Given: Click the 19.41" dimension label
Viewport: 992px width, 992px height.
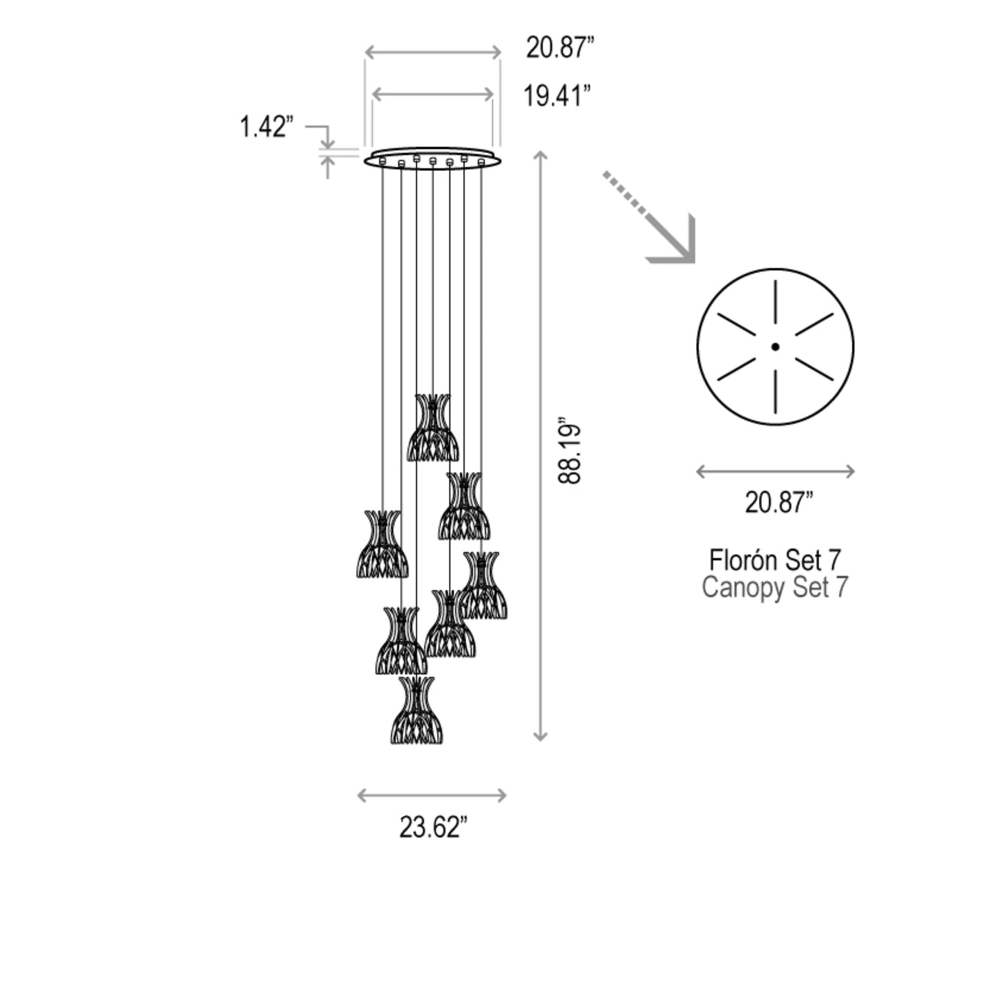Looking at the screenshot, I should click(x=557, y=95).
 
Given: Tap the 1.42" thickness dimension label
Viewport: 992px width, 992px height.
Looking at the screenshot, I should click(x=266, y=127).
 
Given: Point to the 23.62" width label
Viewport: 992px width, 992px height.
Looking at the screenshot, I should click(x=433, y=827).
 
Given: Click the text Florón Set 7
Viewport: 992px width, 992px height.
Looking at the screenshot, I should click(x=774, y=560).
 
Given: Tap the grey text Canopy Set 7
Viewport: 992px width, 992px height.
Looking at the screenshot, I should click(x=774, y=588).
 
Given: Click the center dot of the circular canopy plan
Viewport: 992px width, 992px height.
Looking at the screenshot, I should click(x=775, y=347).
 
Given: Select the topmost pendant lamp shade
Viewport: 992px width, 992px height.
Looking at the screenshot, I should click(x=432, y=428).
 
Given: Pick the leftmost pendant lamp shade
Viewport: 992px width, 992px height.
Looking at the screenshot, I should click(x=382, y=544).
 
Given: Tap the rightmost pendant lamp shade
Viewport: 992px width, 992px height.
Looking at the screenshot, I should click(x=484, y=586).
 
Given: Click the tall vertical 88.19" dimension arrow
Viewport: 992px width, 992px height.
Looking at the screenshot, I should click(x=541, y=446).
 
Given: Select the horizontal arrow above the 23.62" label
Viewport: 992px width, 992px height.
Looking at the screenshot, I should click(x=432, y=796).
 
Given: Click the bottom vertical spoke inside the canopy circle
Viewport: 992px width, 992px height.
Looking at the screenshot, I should click(x=775, y=392).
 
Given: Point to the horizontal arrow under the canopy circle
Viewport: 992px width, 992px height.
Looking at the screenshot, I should click(x=775, y=472).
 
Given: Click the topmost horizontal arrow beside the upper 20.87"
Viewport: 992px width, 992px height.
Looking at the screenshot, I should click(x=432, y=52).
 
